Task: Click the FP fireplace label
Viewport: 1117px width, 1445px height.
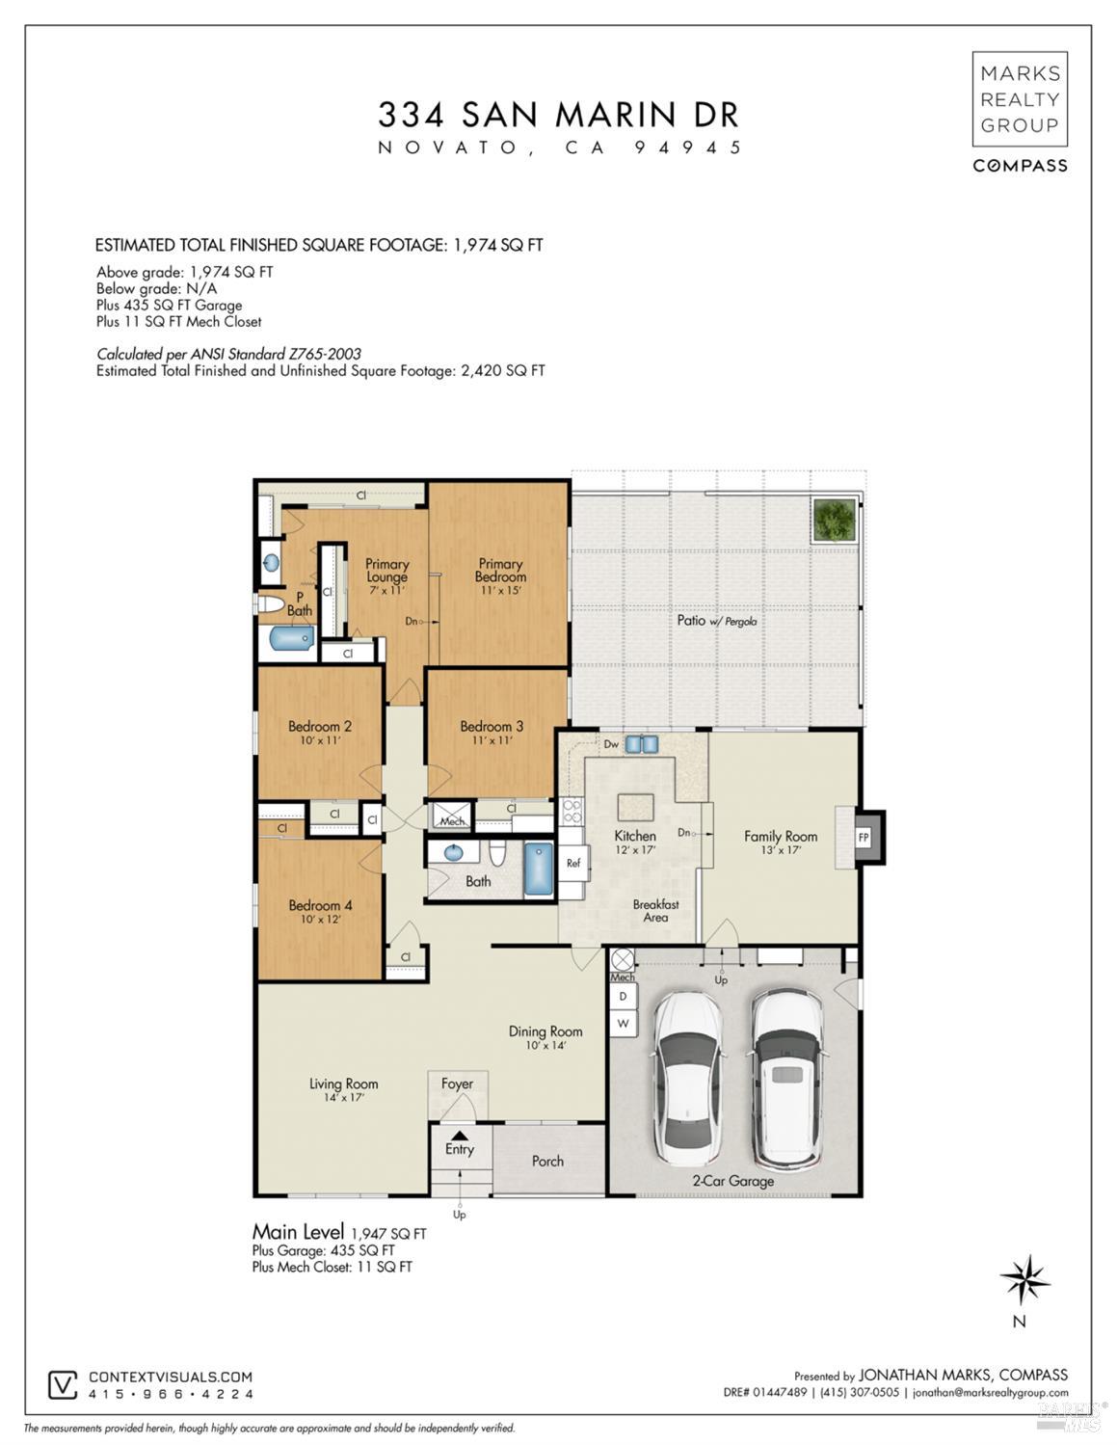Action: (864, 838)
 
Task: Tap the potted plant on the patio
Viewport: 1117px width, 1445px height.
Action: (834, 521)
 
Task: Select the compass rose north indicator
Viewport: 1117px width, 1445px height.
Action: (1024, 1280)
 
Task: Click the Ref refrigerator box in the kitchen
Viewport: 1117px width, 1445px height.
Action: (573, 863)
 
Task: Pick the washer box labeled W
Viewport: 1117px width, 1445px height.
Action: (624, 1022)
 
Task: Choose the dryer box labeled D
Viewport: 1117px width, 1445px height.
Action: (624, 996)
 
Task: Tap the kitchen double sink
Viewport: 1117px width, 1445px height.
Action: (642, 744)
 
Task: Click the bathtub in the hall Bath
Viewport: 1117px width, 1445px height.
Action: (539, 870)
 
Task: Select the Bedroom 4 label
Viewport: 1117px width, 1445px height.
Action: (320, 905)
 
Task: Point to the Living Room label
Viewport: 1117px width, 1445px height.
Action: (343, 1084)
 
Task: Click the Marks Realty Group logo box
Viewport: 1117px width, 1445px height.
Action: (1020, 98)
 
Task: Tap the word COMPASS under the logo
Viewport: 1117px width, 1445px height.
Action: (1020, 166)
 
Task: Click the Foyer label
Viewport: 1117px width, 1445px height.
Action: (457, 1084)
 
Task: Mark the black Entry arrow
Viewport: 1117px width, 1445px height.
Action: (460, 1136)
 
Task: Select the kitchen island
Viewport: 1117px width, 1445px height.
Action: (636, 807)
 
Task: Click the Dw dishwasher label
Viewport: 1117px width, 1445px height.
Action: (611, 744)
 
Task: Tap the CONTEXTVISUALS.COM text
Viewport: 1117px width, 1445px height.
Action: (171, 1378)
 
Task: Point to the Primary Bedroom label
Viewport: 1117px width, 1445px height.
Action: (500, 570)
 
